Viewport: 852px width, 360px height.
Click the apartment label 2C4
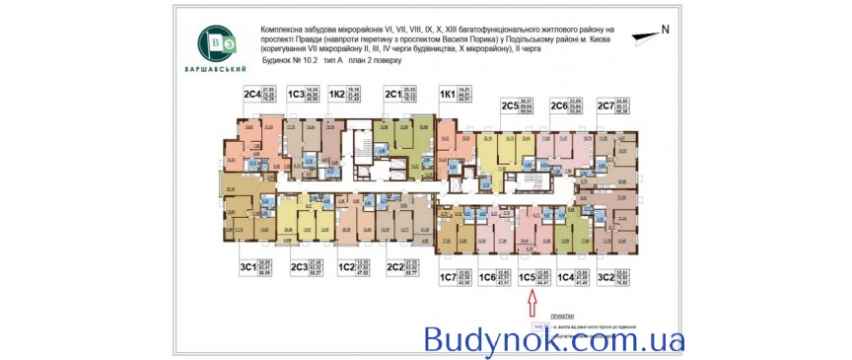pos(250,94)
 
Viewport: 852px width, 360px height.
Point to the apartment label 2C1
pos(392,94)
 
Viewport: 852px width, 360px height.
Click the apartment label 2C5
pos(510,105)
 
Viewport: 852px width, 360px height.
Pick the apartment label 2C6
pos(558,105)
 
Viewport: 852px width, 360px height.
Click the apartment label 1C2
pos(346,265)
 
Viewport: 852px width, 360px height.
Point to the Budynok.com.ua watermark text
pos(554,340)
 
